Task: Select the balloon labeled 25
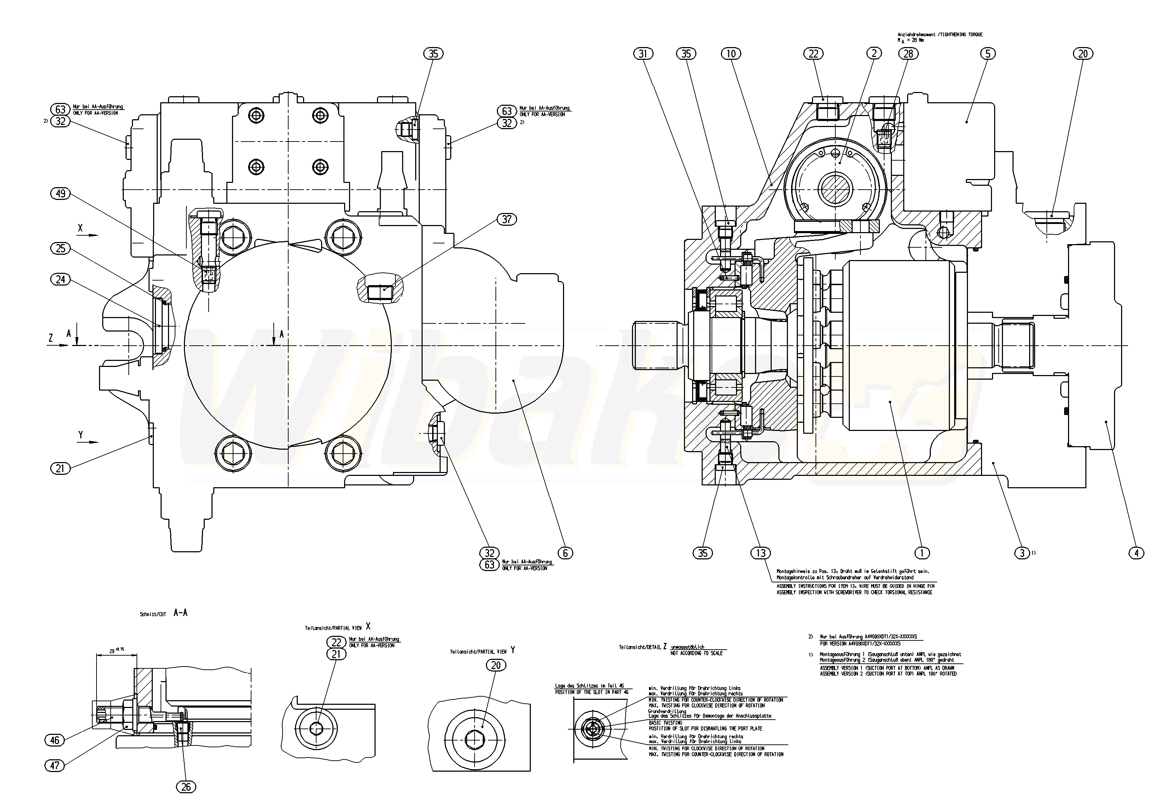[60, 248]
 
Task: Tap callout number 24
[60, 279]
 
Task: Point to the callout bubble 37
[506, 219]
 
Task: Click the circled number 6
[565, 553]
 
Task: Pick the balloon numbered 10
[731, 53]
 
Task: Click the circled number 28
[908, 53]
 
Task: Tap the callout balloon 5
[987, 53]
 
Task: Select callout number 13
[761, 553]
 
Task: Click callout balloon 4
[1136, 553]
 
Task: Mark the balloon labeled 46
[55, 740]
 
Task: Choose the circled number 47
[55, 765]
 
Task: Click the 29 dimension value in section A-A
[112, 651]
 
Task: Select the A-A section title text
[180, 613]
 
